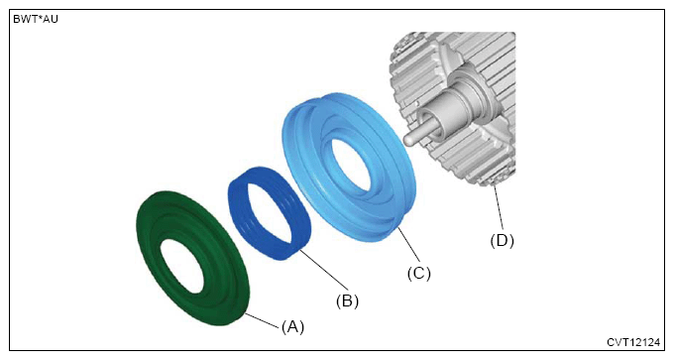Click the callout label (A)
coord(292,327)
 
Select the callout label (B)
coord(347,300)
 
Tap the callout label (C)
coord(418,273)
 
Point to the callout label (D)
coord(503,240)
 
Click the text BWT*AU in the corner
coord(36,20)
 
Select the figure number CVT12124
coord(633,342)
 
